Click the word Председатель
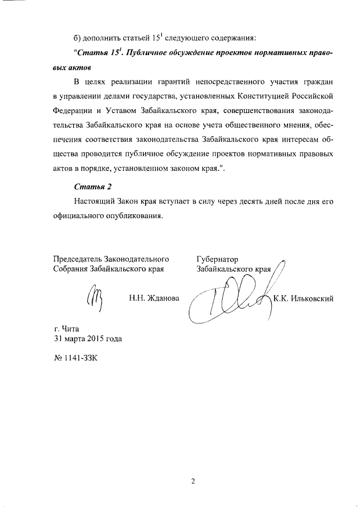pyautogui.click(x=78, y=259)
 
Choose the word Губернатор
pyautogui.click(x=218, y=259)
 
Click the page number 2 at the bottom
pyautogui.click(x=192, y=481)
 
